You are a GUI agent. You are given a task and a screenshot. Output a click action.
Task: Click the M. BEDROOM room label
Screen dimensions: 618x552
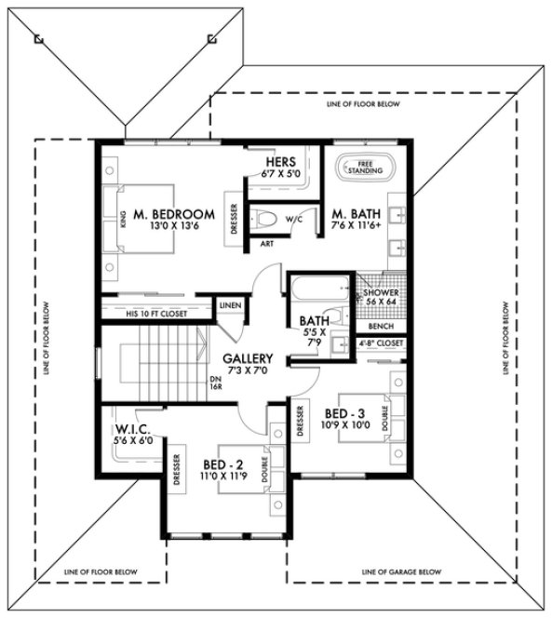click(173, 214)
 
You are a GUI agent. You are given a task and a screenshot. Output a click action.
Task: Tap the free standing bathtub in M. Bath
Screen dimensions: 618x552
click(358, 167)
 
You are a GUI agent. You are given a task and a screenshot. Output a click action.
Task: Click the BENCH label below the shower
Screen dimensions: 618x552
click(381, 327)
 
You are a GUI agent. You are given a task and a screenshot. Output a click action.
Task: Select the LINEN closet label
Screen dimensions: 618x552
click(229, 305)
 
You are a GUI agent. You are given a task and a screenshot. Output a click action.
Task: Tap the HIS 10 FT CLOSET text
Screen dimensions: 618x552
click(155, 314)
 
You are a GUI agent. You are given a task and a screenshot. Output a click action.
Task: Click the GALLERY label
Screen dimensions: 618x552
click(248, 358)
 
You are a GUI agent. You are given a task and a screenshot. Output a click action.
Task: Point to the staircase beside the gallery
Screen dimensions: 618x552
click(154, 363)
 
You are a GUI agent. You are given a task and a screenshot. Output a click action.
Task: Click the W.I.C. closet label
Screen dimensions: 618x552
click(133, 429)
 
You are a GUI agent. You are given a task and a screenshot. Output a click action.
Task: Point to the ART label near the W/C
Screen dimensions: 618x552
click(265, 244)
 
